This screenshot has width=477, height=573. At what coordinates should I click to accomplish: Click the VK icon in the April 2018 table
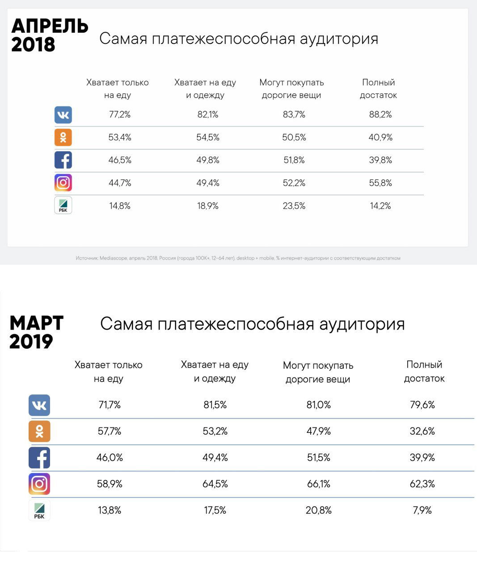[x=63, y=115]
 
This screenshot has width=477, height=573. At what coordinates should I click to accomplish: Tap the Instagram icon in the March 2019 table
[x=39, y=484]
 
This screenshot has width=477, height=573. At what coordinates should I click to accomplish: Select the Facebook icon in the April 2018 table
[x=63, y=160]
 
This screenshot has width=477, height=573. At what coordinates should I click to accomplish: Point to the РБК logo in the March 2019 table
[x=39, y=510]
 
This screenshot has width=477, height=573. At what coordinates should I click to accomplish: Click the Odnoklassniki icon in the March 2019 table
[x=39, y=432]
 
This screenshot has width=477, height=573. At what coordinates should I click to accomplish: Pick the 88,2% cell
[x=380, y=115]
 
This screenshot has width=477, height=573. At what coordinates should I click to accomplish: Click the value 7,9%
[x=422, y=510]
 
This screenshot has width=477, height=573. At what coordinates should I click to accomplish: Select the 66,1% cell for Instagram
[x=318, y=484]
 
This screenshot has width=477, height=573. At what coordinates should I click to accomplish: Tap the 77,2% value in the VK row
[x=120, y=115]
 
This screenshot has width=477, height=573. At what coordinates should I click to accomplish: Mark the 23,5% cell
[x=294, y=206]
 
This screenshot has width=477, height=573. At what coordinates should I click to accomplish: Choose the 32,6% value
[x=422, y=431]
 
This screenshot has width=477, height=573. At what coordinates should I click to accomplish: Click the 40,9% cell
[x=380, y=137]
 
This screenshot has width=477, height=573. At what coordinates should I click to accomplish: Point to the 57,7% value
[x=110, y=431]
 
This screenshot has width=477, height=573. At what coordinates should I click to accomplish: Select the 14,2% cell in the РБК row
[x=380, y=206]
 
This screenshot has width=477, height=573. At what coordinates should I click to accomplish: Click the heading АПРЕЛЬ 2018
[x=49, y=35]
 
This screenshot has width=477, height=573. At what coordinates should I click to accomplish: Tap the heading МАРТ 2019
[x=37, y=332]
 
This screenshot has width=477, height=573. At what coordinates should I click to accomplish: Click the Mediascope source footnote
[x=238, y=258]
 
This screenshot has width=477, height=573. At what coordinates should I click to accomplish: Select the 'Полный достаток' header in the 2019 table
[x=424, y=372]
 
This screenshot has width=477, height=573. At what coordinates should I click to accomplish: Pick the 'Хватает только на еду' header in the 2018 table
[x=118, y=89]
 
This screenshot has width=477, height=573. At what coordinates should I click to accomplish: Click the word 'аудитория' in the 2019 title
[x=362, y=324]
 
